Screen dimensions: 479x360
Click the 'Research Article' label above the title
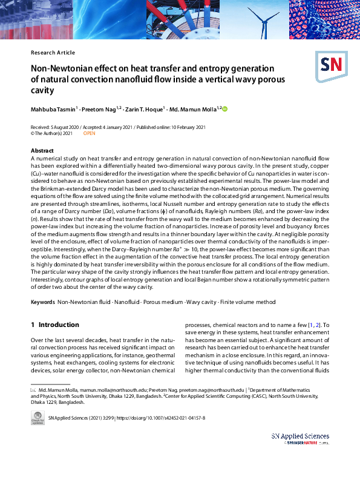[x=53, y=53]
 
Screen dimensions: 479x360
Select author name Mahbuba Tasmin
[x=53, y=109]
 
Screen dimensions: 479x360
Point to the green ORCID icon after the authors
[x=225, y=109]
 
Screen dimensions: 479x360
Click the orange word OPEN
[x=89, y=133]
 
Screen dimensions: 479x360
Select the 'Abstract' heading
[x=42, y=150]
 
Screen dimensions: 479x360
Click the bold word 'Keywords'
[x=43, y=302]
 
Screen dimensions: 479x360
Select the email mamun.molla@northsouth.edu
[x=109, y=390]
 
